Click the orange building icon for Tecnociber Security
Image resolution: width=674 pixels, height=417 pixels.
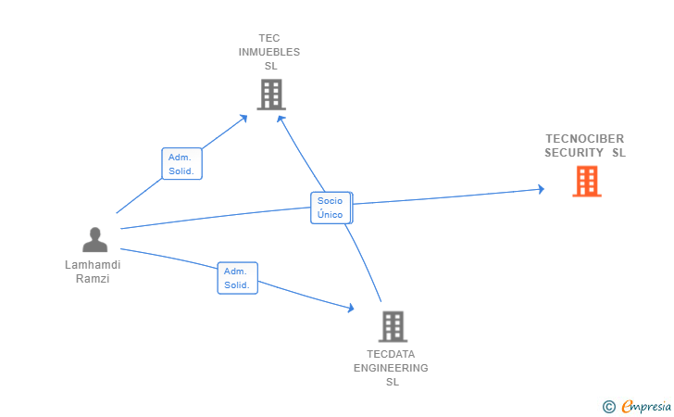point(586,181)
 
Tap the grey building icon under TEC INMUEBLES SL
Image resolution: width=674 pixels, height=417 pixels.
point(270,94)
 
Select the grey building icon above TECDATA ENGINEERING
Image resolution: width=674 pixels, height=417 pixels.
point(393,326)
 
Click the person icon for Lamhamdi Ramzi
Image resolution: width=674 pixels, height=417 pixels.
point(94,239)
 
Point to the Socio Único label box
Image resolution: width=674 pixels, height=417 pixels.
point(331,208)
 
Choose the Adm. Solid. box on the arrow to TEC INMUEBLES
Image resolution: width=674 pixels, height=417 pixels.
point(181,164)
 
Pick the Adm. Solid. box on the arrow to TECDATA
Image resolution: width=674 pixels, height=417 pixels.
point(237,278)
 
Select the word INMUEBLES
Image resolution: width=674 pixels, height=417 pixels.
point(269,52)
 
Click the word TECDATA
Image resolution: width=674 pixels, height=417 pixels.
point(391,354)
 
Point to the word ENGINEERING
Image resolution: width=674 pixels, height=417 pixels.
point(391,368)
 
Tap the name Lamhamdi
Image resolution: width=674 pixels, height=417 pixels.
point(93,265)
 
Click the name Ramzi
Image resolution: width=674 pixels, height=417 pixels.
point(93,279)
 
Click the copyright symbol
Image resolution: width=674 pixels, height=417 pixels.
point(608,406)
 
